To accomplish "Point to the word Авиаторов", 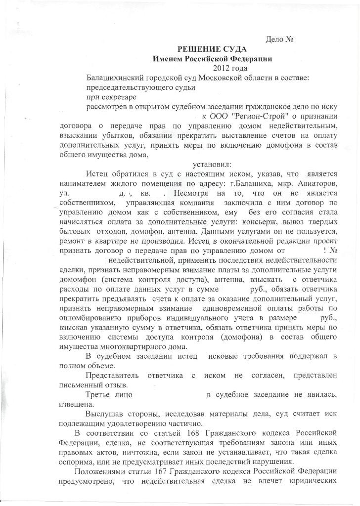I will click(x=319, y=183).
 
